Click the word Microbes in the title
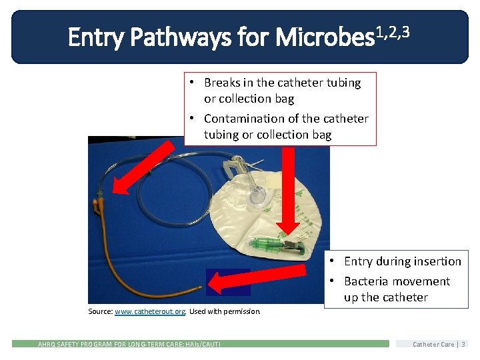pyautogui.click(x=324, y=38)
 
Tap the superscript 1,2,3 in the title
pyautogui.click(x=391, y=31)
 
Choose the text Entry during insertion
pyautogui.click(x=402, y=261)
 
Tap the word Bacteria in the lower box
pyautogui.click(x=367, y=281)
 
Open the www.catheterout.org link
pyautogui.click(x=150, y=311)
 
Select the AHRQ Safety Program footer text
pyautogui.click(x=129, y=344)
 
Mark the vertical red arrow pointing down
pyautogui.click(x=289, y=193)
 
